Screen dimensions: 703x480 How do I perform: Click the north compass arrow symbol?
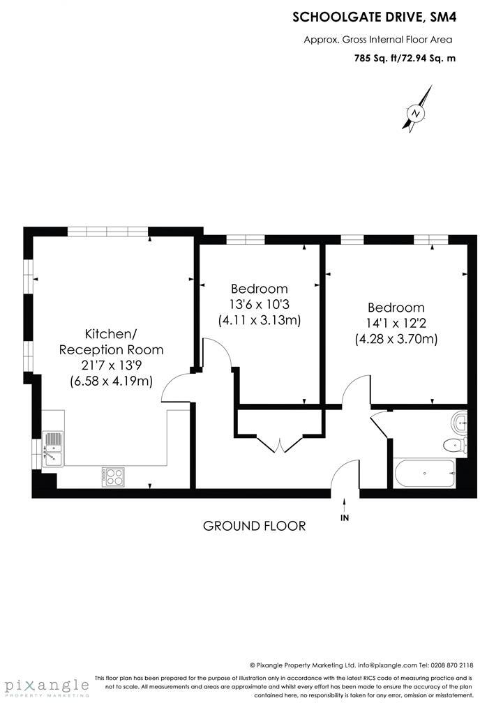pyautogui.click(x=417, y=112)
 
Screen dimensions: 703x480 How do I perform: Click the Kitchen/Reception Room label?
pyautogui.click(x=111, y=341)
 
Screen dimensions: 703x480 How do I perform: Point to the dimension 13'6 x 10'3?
pyautogui.click(x=259, y=305)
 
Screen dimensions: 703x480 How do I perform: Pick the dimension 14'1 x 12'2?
pyautogui.click(x=396, y=324)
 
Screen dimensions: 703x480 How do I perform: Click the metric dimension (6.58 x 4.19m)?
pyautogui.click(x=112, y=381)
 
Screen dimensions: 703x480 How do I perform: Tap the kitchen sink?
pyautogui.click(x=52, y=448)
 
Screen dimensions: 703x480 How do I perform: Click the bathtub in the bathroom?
pyautogui.click(x=423, y=474)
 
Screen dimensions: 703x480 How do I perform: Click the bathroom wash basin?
pyautogui.click(x=459, y=421)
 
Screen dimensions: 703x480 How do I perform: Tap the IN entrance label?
pyautogui.click(x=344, y=518)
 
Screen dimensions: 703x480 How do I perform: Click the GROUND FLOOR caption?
pyautogui.click(x=254, y=526)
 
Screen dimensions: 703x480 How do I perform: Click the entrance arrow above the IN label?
pyautogui.click(x=344, y=502)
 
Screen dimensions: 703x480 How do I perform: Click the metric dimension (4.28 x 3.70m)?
pyautogui.click(x=396, y=340)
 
